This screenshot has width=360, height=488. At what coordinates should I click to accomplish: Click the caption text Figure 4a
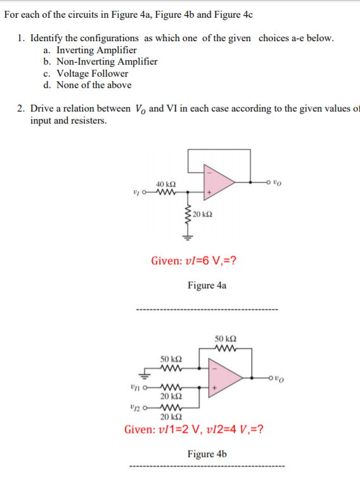click(x=207, y=286)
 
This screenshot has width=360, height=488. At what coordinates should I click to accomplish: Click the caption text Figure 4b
click(x=207, y=454)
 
